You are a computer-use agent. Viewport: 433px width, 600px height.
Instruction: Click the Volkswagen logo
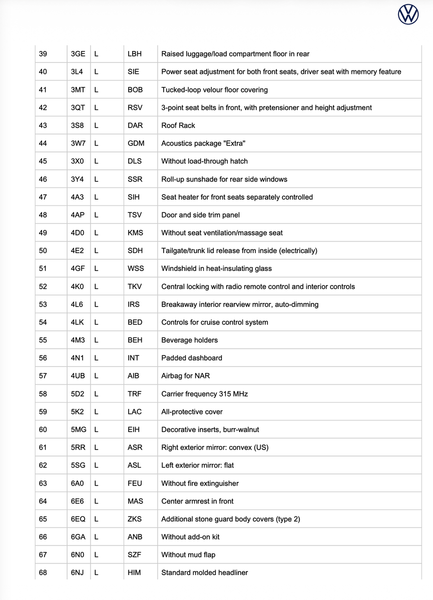click(408, 14)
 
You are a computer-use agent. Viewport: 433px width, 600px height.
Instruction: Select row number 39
click(43, 54)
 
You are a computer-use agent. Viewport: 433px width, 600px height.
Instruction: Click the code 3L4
click(77, 72)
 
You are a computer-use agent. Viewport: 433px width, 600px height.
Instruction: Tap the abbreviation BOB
click(135, 90)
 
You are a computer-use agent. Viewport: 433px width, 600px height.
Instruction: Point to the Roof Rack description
click(178, 125)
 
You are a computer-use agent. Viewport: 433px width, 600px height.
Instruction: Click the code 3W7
click(78, 143)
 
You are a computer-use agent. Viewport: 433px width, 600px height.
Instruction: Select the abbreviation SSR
click(135, 179)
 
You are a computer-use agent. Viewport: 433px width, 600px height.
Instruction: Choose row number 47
click(43, 197)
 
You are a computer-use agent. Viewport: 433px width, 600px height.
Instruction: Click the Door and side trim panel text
click(200, 215)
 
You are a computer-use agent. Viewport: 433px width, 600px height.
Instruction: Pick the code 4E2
click(77, 250)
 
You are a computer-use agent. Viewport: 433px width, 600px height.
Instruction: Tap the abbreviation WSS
click(136, 268)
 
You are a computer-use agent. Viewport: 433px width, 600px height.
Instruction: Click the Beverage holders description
click(189, 340)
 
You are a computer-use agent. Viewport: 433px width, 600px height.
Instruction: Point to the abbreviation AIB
click(134, 376)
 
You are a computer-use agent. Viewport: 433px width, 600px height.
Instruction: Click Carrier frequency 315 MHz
click(204, 394)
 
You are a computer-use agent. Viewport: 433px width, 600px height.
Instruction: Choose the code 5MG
click(78, 429)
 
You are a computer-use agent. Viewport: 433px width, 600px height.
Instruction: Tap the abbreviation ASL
click(135, 465)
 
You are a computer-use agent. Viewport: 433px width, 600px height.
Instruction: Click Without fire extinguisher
click(200, 483)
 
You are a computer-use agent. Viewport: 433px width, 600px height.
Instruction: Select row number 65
click(43, 519)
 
